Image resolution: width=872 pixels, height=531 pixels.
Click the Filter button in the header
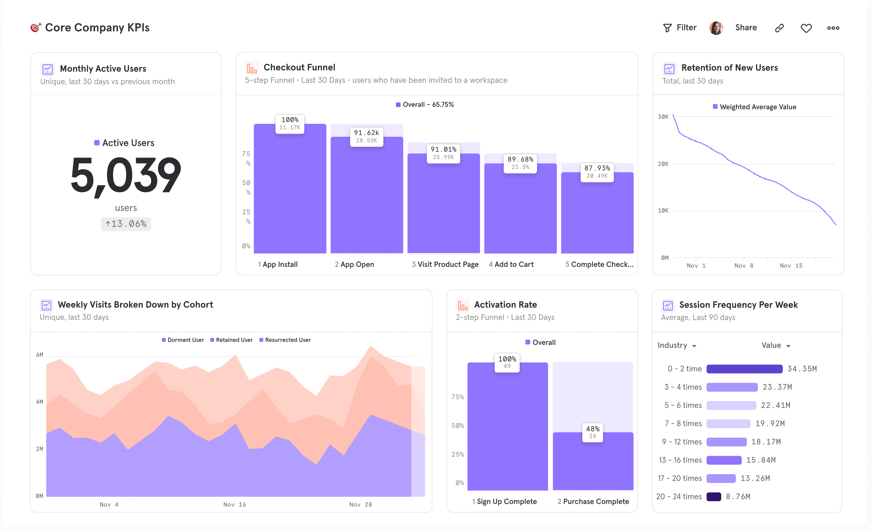(680, 28)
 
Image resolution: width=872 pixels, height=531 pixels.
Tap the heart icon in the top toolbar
(806, 28)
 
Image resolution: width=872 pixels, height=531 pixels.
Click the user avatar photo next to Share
(716, 28)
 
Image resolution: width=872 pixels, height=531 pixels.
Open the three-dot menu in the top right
(833, 28)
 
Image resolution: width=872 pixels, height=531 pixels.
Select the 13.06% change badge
(126, 224)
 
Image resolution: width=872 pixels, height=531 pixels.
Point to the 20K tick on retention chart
(663, 164)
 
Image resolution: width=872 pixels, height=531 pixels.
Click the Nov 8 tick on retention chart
(744, 265)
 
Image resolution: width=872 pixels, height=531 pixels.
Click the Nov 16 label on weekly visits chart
(234, 504)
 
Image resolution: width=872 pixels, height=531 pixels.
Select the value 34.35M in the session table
(802, 369)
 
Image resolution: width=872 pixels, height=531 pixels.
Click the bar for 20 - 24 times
(713, 497)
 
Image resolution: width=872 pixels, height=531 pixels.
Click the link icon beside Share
(779, 28)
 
